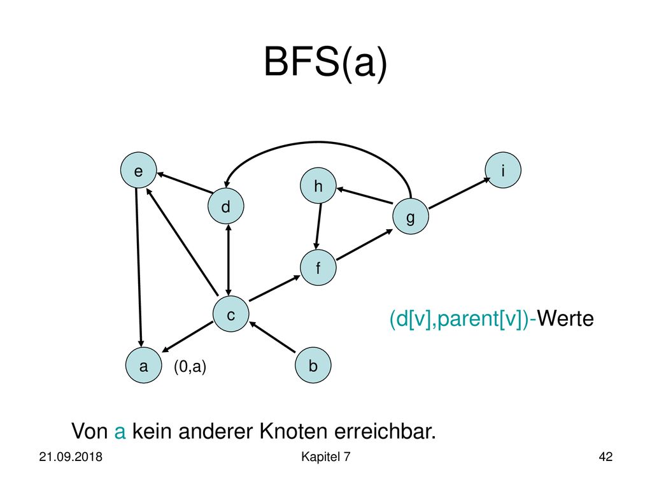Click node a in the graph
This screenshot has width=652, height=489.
click(x=143, y=365)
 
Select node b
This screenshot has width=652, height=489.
click(x=313, y=365)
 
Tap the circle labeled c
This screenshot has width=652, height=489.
click(x=230, y=314)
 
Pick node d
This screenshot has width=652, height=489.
click(x=226, y=206)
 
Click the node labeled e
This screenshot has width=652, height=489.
click(x=138, y=170)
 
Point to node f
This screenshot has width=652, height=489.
click(x=318, y=267)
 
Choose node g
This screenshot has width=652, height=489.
click(x=411, y=216)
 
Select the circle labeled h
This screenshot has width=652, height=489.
click(x=318, y=185)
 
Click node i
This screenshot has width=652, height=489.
click(x=503, y=170)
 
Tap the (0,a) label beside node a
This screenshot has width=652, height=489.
click(x=190, y=366)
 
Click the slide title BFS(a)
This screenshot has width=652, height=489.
click(x=325, y=62)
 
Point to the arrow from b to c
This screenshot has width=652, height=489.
click(x=273, y=337)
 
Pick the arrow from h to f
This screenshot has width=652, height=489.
click(x=319, y=226)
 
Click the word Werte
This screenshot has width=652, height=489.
click(x=565, y=318)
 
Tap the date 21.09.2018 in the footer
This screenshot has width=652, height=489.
click(x=71, y=457)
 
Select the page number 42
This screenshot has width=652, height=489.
click(x=606, y=457)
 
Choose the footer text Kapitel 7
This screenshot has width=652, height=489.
click(x=325, y=457)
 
